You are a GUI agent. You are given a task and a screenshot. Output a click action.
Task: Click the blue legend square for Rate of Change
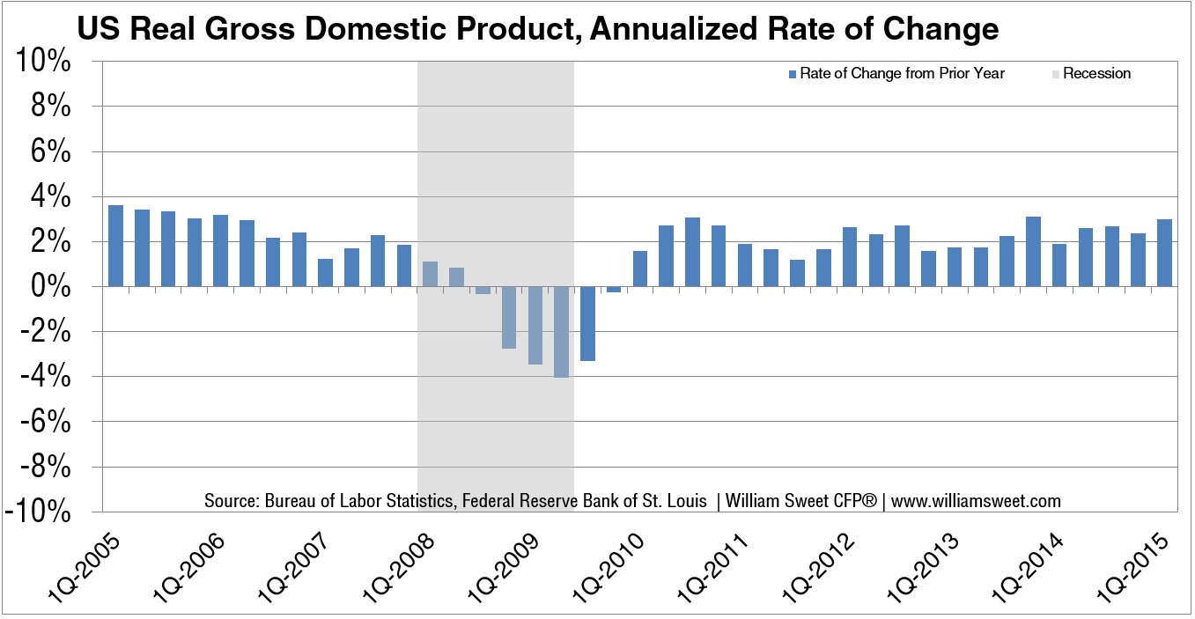(793, 74)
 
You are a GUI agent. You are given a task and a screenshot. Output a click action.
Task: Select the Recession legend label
(1096, 74)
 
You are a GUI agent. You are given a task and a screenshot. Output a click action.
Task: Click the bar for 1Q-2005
(115, 246)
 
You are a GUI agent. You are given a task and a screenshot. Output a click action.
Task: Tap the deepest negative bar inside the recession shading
(561, 332)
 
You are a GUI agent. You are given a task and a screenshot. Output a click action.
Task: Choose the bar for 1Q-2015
(1164, 253)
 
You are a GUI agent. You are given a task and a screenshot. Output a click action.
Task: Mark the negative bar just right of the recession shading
(587, 324)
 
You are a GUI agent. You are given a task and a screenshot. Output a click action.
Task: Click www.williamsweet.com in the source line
(976, 501)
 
